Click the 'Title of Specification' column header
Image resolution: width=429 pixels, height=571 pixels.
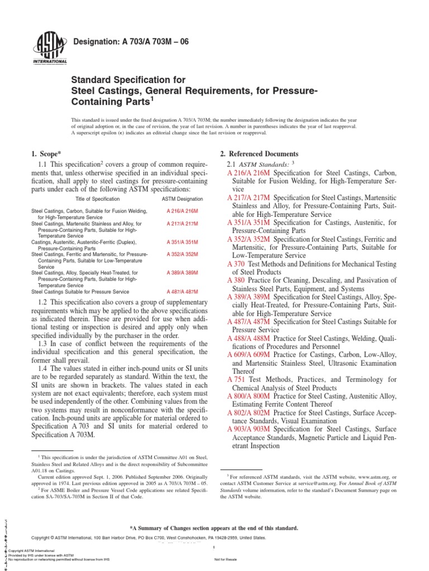pyautogui.click(x=97, y=199)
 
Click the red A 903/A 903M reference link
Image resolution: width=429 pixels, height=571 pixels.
pyautogui.click(x=248, y=429)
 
